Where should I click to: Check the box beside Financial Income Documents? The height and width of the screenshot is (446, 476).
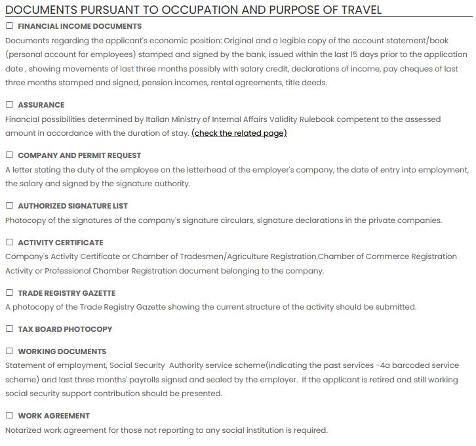click(9, 26)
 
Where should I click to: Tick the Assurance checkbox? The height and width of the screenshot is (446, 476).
click(9, 105)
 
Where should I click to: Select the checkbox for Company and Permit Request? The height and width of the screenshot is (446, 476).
click(9, 155)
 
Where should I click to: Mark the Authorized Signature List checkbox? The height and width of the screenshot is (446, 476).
click(9, 206)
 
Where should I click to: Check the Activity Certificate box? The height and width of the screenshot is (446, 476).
click(9, 243)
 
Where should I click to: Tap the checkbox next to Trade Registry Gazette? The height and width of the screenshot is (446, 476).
click(9, 293)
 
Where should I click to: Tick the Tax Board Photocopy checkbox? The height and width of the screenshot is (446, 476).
click(9, 329)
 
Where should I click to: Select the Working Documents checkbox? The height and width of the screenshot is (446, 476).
click(9, 352)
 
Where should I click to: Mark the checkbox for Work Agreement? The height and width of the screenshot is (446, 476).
click(9, 416)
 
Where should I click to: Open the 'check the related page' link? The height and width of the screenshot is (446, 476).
click(239, 133)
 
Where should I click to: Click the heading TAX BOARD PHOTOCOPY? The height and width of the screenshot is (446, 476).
click(65, 329)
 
